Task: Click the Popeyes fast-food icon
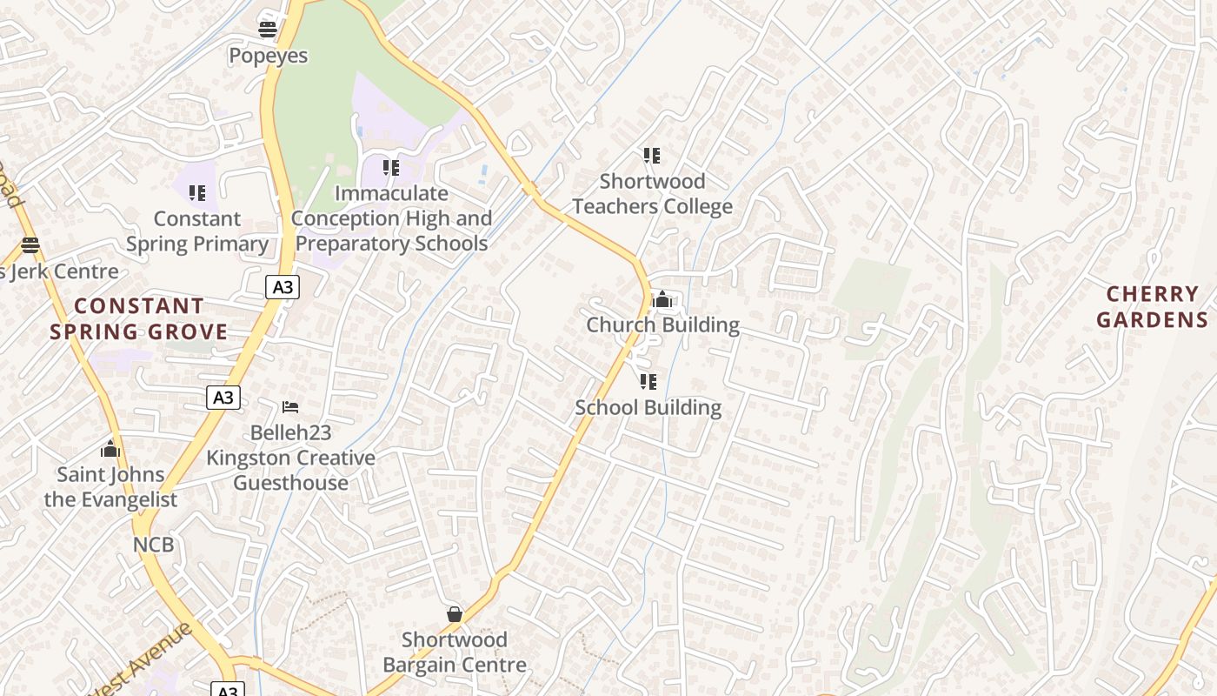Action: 268,30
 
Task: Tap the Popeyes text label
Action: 268,56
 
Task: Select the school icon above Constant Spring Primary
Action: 197,192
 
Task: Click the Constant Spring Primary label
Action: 197,231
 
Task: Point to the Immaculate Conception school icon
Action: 391,167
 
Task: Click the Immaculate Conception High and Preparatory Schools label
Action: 391,218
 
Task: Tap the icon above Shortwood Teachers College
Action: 651,156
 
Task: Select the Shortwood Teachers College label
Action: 652,194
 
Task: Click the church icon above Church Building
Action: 662,299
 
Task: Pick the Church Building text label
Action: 662,325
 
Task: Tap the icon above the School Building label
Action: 648,381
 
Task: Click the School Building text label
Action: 648,407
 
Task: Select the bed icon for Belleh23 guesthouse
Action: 290,406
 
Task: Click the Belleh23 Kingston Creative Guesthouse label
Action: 290,458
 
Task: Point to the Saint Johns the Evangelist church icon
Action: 110,448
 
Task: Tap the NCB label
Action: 153,545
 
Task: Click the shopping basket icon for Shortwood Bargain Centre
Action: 455,614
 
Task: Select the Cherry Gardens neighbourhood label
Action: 1152,307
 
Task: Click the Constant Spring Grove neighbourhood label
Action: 139,318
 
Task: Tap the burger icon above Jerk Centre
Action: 30,244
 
